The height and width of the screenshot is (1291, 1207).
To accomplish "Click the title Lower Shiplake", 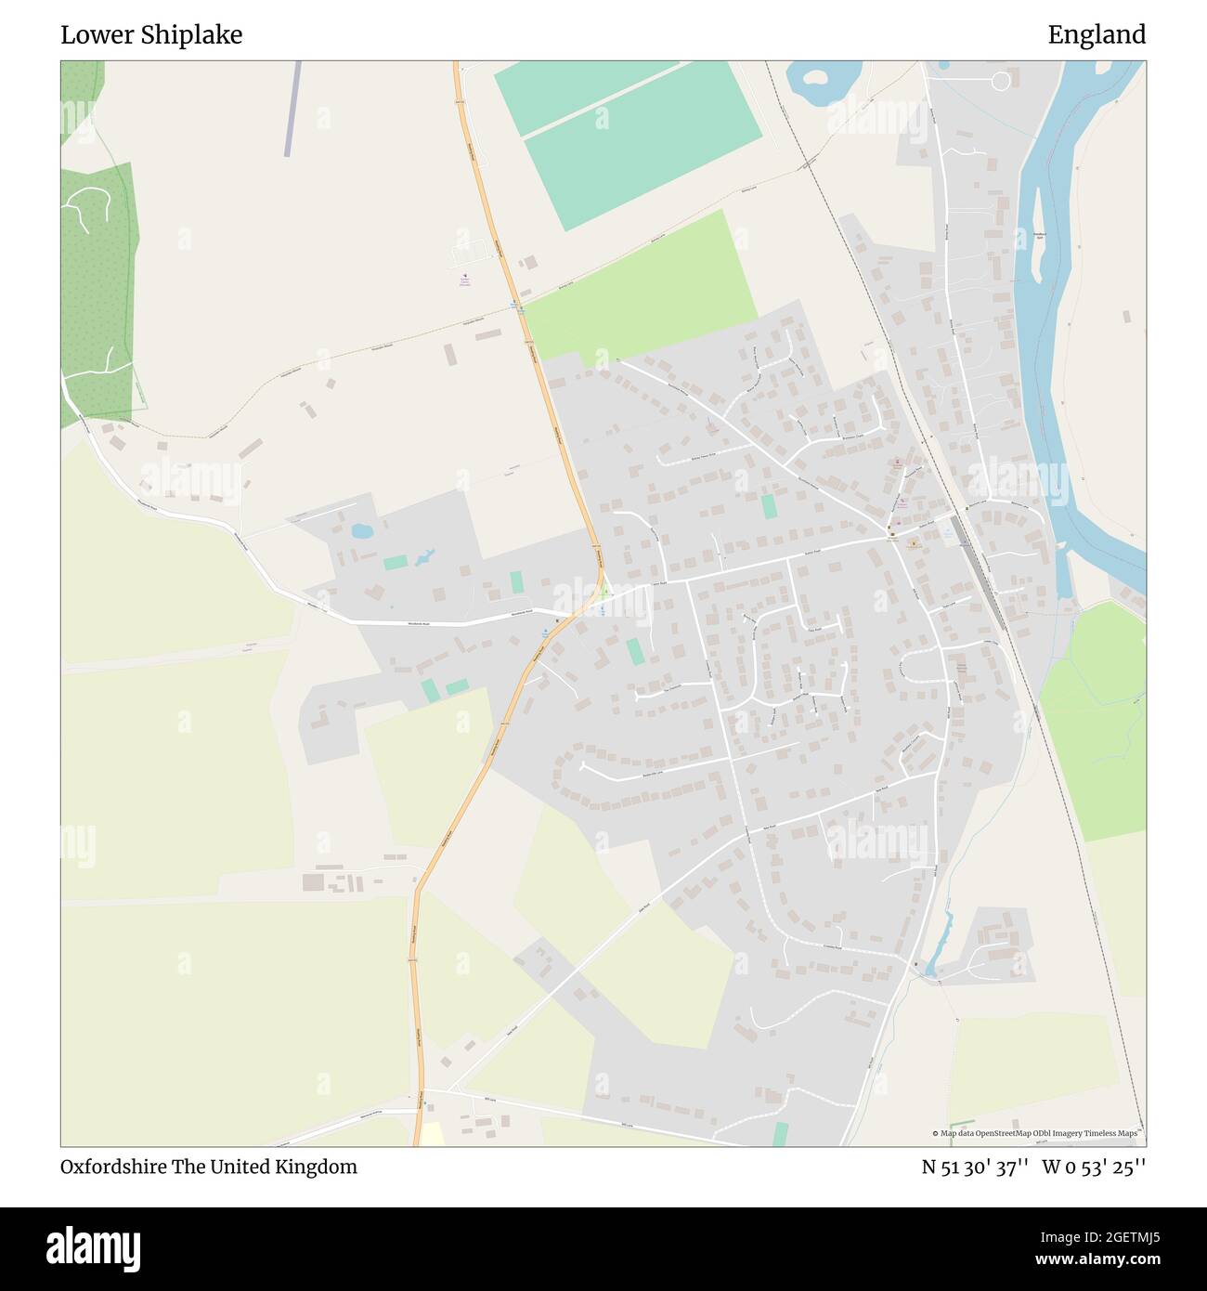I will pos(151,35).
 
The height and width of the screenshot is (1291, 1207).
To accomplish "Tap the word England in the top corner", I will pos(1097,35).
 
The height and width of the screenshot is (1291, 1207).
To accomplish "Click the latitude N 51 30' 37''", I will pos(974,1167).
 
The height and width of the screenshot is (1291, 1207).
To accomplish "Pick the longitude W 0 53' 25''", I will pos(1094,1167).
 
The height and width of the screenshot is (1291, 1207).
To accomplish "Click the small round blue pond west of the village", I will pos(361,531).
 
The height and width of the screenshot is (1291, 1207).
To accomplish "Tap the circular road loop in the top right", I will pos(1000,82).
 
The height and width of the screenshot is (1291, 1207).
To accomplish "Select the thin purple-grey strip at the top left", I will pos(293,108).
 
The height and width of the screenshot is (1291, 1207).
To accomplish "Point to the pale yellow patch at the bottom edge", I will pos(432,1134).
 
